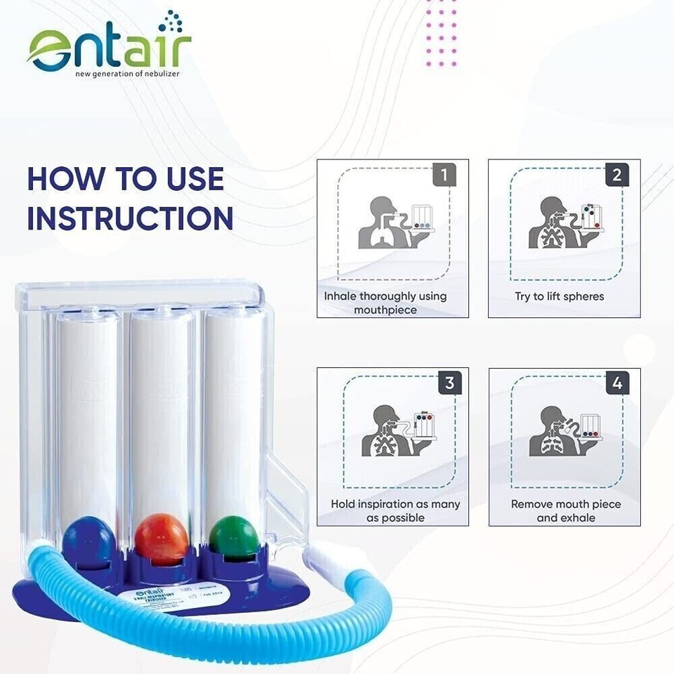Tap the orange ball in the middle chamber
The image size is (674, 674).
click(162, 538)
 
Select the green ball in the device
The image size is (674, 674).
click(233, 538)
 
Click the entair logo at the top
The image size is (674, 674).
click(110, 46)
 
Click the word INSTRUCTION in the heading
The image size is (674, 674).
click(131, 219)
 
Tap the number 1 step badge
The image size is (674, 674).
click(444, 174)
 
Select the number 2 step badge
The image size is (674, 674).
click(616, 174)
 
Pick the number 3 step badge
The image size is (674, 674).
click(449, 383)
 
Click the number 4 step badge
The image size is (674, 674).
click(616, 383)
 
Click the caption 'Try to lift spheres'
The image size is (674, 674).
click(559, 296)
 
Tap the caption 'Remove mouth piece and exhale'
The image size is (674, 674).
click(566, 510)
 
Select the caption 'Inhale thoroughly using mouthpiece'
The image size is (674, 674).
click(385, 303)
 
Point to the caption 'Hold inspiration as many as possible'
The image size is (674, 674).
click(395, 510)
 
